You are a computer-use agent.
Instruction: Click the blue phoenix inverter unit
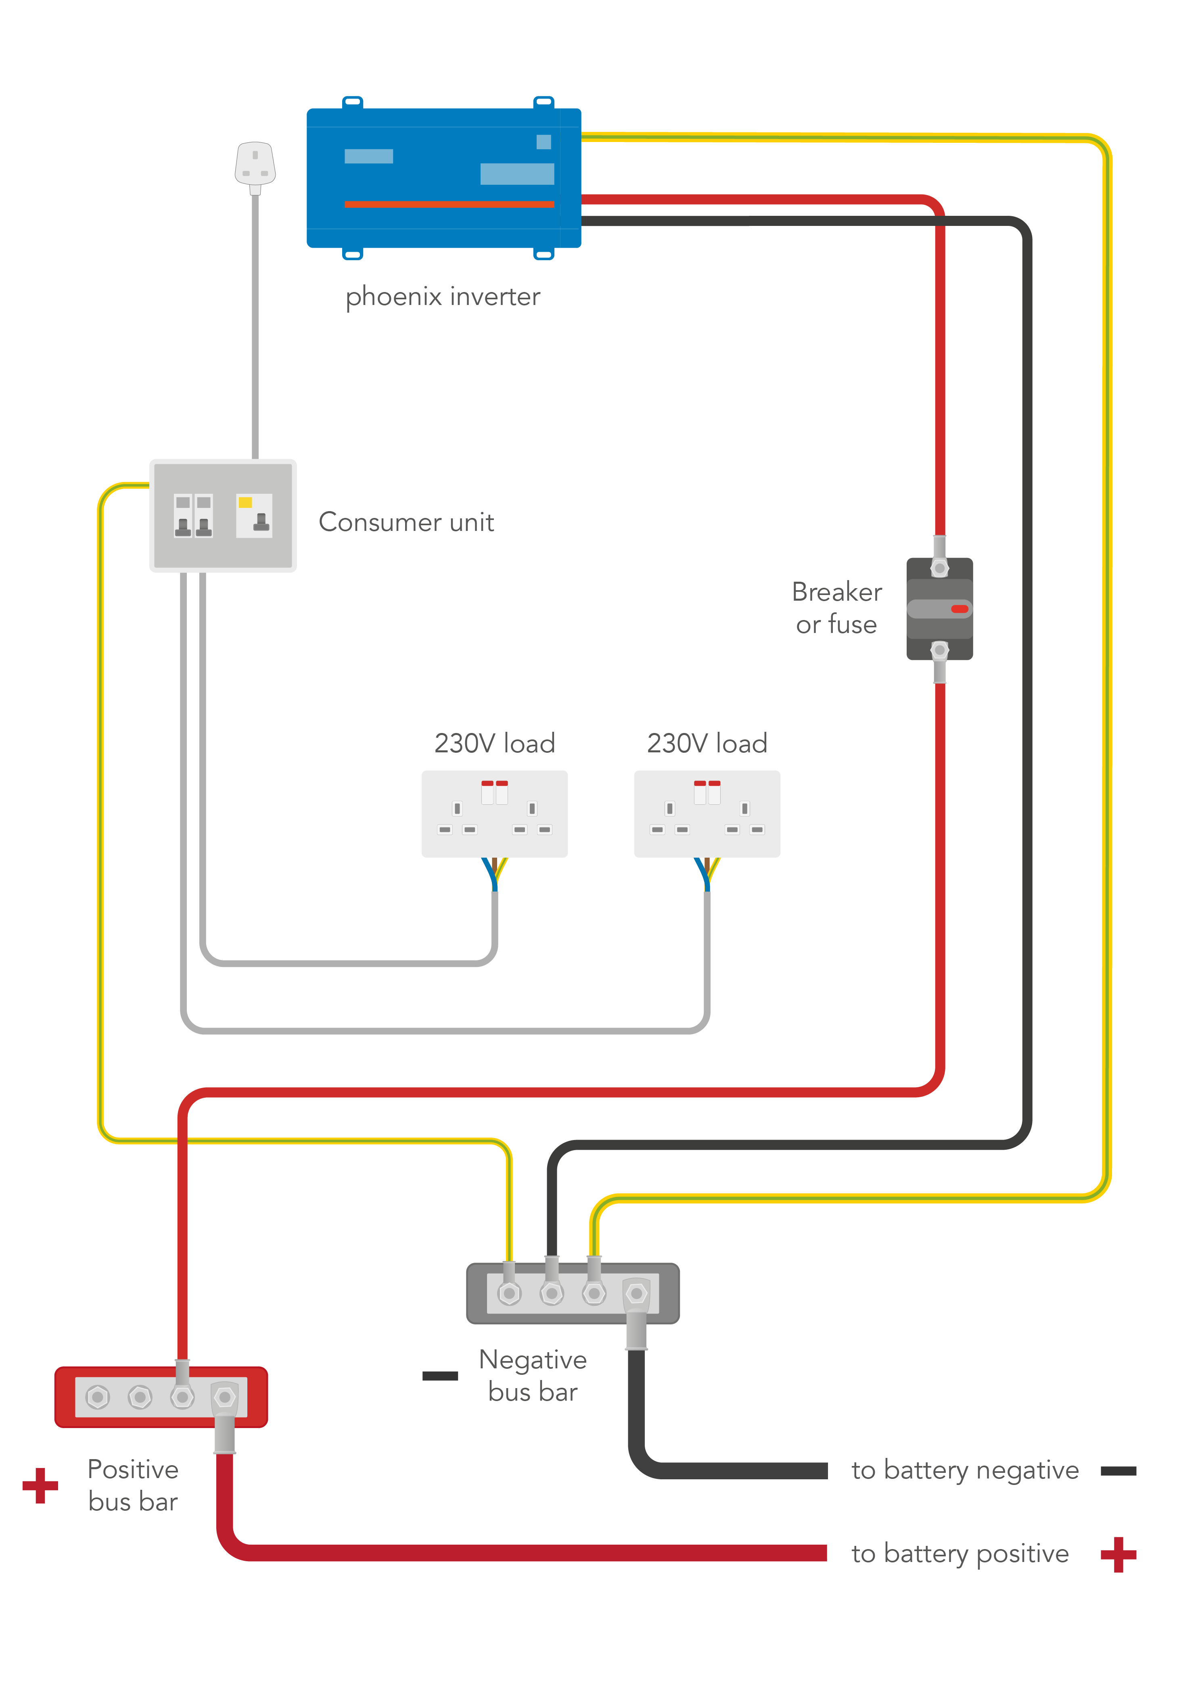443,178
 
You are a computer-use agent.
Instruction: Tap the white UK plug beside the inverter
255,164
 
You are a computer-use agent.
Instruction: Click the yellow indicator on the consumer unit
245,502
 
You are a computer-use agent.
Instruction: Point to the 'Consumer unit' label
406,522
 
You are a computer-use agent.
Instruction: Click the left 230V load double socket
494,813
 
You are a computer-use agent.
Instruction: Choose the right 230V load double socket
707,813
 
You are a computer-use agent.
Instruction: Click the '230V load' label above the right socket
707,743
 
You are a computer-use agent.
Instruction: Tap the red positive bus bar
161,1397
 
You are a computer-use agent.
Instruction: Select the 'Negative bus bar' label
533,1375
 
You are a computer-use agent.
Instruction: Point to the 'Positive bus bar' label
133,1485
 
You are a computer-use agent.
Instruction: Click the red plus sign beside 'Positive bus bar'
40,1485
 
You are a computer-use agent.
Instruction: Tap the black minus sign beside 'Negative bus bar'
440,1376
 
